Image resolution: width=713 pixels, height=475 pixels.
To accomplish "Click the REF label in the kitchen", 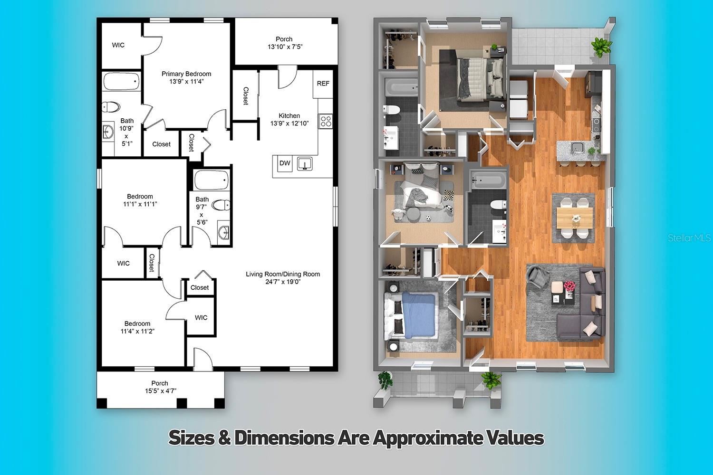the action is [x=323, y=83].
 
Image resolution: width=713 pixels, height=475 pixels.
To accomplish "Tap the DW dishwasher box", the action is [x=285, y=163].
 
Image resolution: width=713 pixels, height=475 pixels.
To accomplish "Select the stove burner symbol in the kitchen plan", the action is [x=326, y=121].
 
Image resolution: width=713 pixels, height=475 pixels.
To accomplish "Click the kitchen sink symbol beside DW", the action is [x=305, y=164].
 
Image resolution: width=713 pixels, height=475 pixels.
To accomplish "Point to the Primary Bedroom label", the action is [x=186, y=74].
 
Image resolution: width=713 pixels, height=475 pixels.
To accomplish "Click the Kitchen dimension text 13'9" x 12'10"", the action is [x=289, y=123].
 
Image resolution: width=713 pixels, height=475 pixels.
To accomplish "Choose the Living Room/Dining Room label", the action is [x=283, y=274].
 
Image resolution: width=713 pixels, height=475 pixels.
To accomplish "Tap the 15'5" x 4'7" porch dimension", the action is [x=161, y=391].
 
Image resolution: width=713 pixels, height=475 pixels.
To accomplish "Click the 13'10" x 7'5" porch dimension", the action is [x=285, y=47].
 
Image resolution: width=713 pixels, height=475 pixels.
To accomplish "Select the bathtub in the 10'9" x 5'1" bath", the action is [x=121, y=81].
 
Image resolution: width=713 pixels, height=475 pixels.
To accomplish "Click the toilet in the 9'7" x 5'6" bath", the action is [x=221, y=205].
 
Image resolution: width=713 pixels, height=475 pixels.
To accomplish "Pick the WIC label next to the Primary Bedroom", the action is [x=118, y=45].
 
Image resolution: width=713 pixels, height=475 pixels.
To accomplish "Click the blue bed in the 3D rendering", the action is [x=418, y=315].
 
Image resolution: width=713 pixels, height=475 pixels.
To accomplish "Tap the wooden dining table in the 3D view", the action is [x=575, y=218].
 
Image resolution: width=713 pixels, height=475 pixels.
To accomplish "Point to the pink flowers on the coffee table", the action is [x=569, y=285].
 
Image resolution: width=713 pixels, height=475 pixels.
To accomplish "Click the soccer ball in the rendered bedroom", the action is [x=429, y=218].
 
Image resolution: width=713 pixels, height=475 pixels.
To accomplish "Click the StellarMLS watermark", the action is [x=689, y=238].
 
